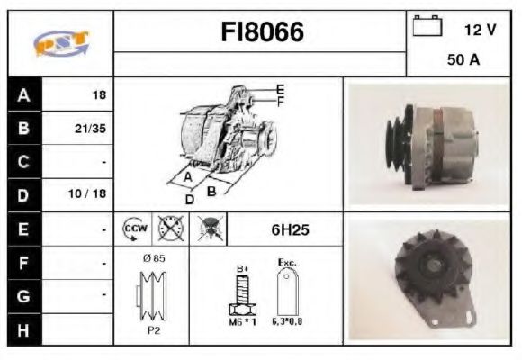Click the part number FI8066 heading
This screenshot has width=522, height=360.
point(262,32)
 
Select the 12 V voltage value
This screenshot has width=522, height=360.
point(480,30)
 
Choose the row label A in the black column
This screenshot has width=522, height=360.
point(22,94)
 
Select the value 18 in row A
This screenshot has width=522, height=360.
point(99,94)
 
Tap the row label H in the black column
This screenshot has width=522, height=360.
point(22,328)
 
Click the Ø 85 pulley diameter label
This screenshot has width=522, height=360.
point(153,258)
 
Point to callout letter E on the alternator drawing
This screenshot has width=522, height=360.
point(280,89)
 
